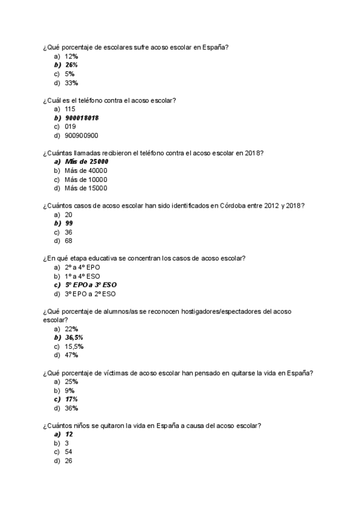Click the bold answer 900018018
pyautogui.click(x=82, y=118)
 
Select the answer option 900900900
pyautogui.click(x=82, y=135)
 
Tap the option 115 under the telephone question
pyautogui.click(x=70, y=109)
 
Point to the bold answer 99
pyautogui.click(x=69, y=223)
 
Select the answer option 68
pyautogui.click(x=69, y=241)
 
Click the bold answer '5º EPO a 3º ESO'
pyautogui.click(x=91, y=285)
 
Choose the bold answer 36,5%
pyautogui.click(x=74, y=337)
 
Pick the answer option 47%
pyautogui.click(x=71, y=355)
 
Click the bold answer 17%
pyautogui.click(x=71, y=399)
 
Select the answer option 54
pyautogui.click(x=69, y=452)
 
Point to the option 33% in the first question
pyautogui.click(x=71, y=83)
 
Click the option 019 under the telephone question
pyautogui.click(x=70, y=127)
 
